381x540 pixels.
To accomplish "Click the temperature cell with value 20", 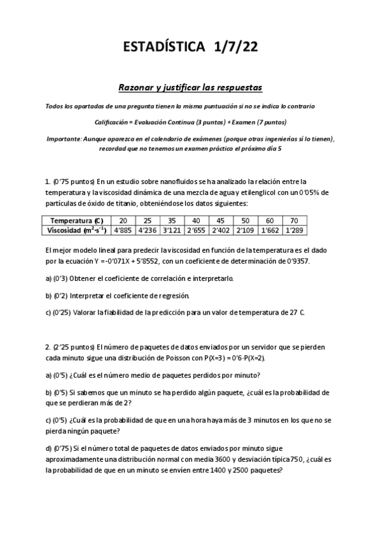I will (123, 220).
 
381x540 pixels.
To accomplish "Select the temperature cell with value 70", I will (294, 220).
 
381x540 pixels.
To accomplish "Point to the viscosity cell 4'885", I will (123, 230).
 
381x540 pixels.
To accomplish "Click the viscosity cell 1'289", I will (294, 230).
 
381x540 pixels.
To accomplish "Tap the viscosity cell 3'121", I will (172, 230).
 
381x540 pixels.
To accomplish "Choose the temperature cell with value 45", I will (221, 220).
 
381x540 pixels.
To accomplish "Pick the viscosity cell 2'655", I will (197, 230).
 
